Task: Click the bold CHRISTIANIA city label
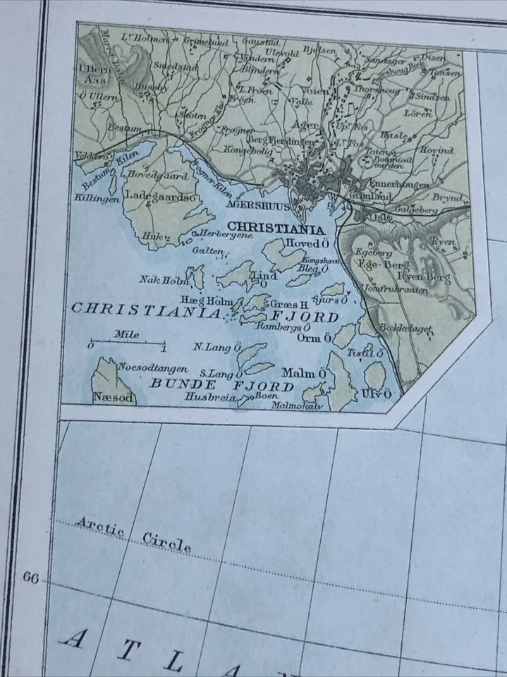pyautogui.click(x=277, y=229)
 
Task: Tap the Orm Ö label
pyautogui.click(x=314, y=338)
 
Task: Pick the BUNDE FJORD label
pyautogui.click(x=221, y=386)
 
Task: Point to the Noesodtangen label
pyautogui.click(x=152, y=367)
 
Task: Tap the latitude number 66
pyautogui.click(x=30, y=578)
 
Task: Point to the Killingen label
pyautogui.click(x=97, y=200)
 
